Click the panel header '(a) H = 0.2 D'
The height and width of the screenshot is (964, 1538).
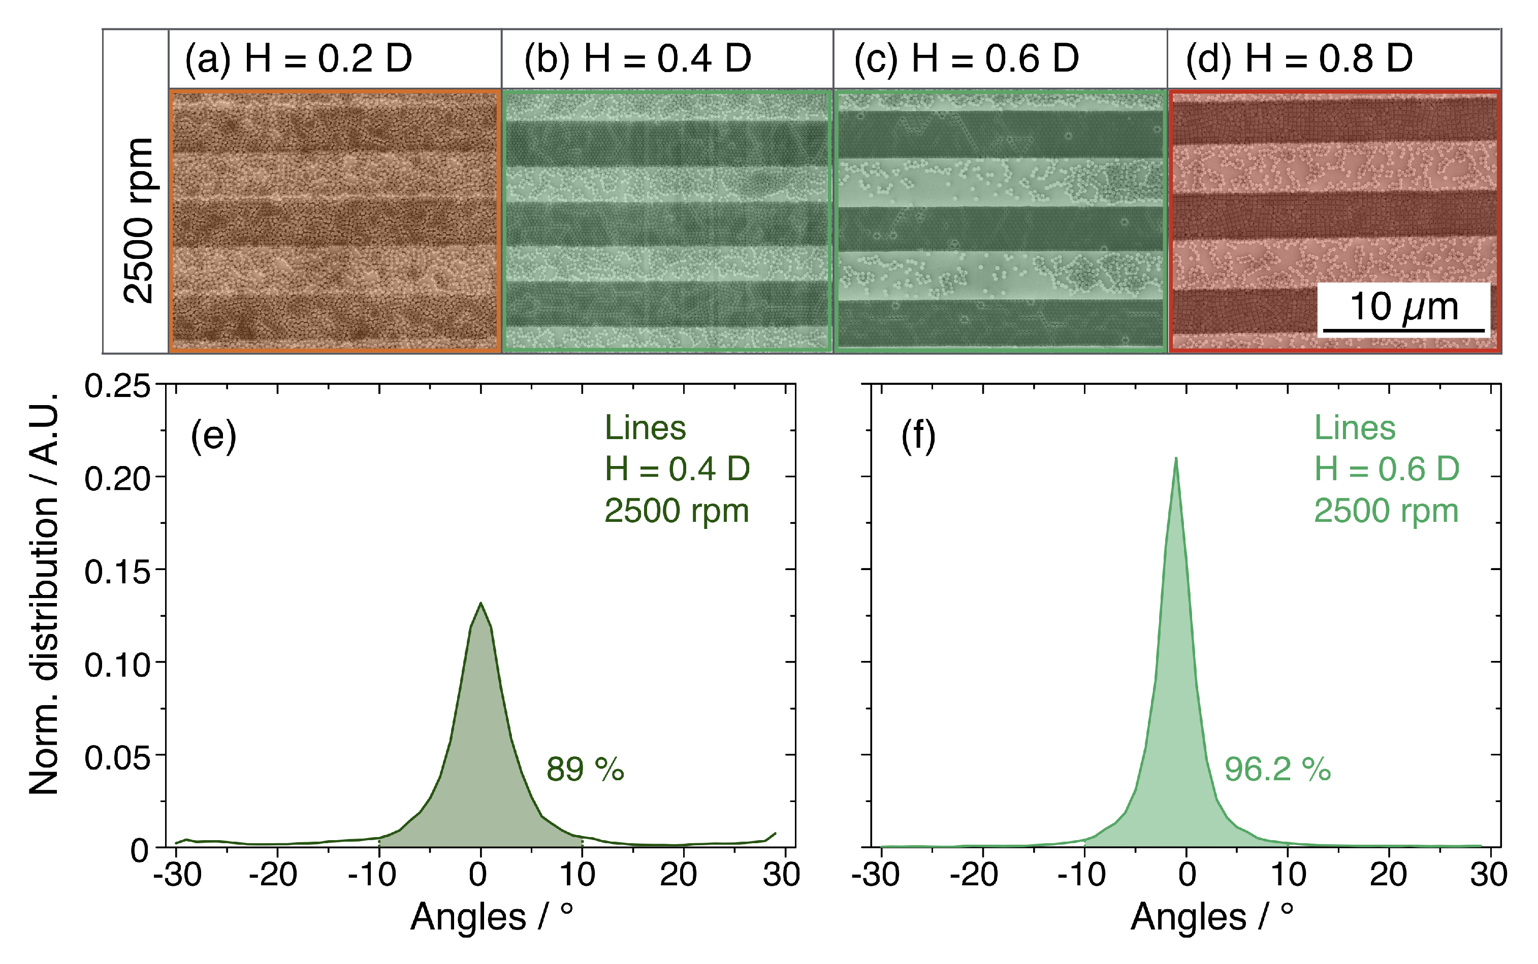(x=298, y=59)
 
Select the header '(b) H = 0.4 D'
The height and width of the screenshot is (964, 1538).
(x=637, y=59)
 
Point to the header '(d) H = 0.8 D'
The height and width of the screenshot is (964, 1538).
(x=1299, y=59)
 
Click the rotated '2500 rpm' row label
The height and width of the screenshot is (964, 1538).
(x=139, y=220)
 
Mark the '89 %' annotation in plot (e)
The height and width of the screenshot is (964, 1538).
(x=584, y=769)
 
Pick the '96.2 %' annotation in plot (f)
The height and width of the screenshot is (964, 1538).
(x=1277, y=769)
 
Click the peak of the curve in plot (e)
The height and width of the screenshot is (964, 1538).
(x=480, y=603)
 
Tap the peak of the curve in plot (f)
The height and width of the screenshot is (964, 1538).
(x=1176, y=458)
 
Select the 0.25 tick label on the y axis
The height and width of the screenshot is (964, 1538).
(x=117, y=386)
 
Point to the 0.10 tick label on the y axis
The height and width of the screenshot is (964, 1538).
(x=117, y=665)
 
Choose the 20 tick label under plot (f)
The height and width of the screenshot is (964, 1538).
(x=1388, y=875)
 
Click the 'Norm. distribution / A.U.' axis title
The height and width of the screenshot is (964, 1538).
(x=45, y=593)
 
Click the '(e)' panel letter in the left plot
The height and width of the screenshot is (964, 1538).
(x=213, y=437)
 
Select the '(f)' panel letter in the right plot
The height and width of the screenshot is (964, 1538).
(x=918, y=437)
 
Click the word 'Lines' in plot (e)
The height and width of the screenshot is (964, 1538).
(x=645, y=428)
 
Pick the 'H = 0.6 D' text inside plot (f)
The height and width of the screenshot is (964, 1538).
(x=1386, y=469)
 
